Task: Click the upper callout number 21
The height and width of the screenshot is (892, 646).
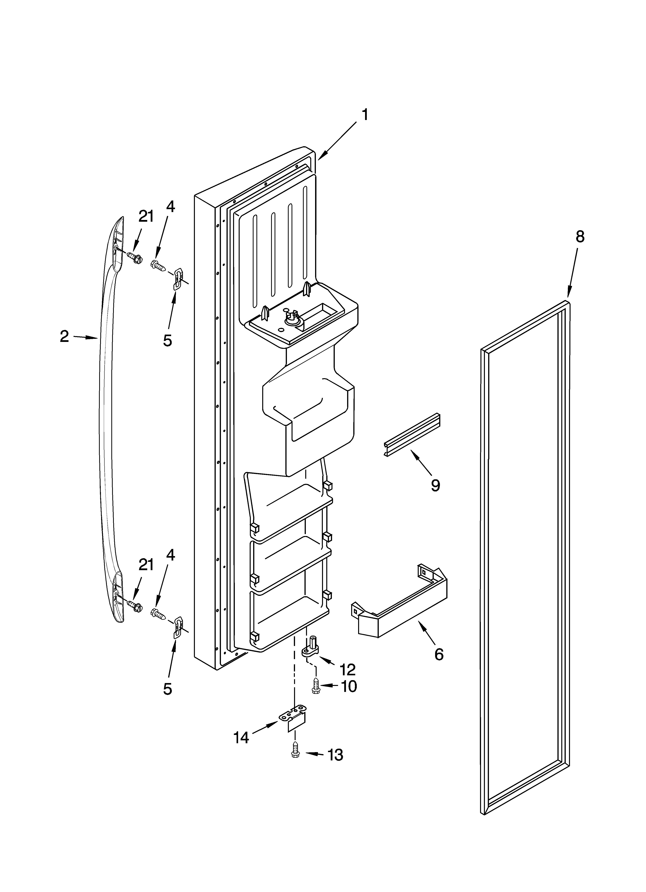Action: tap(146, 216)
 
